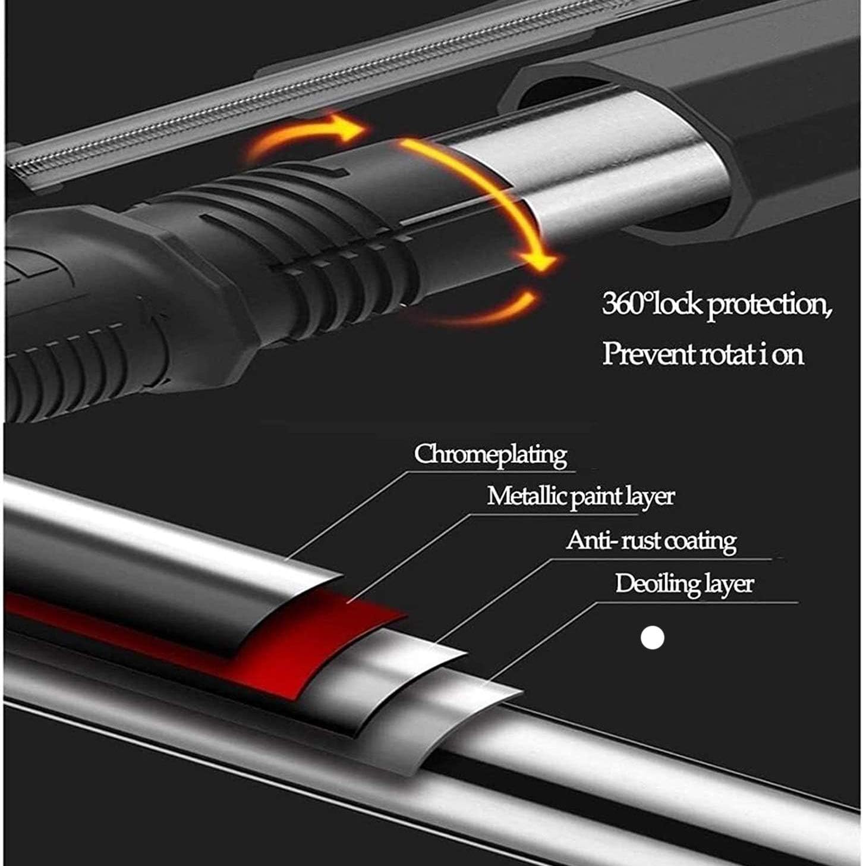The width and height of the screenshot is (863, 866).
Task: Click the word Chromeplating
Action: (490, 454)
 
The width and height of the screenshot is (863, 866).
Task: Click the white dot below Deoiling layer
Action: (653, 637)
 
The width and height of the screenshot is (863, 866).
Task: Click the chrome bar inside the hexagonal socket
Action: (629, 167)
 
